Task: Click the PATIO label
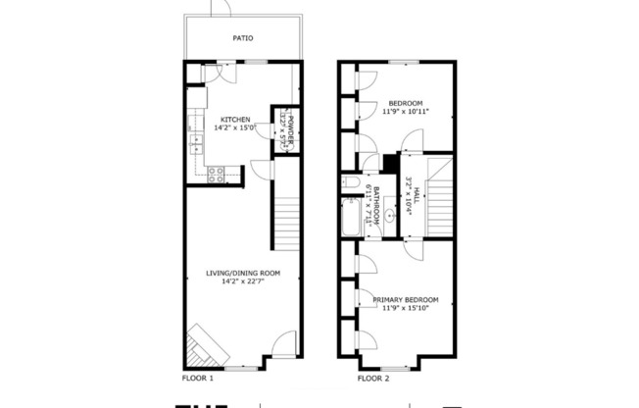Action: tap(242, 39)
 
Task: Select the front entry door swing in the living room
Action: tap(282, 344)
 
